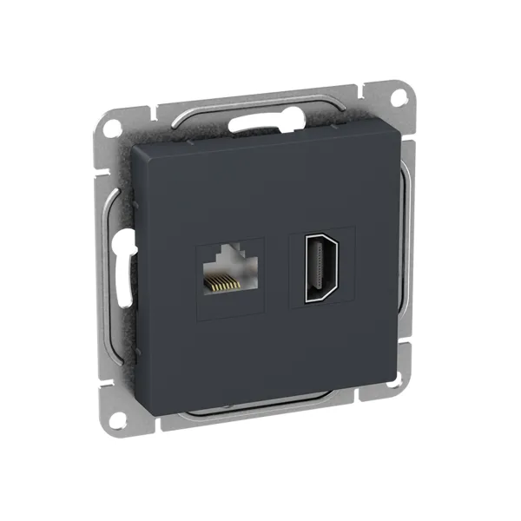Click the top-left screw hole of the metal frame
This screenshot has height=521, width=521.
(x=111, y=128)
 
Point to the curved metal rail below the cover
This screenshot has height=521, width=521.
(x=278, y=409)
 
